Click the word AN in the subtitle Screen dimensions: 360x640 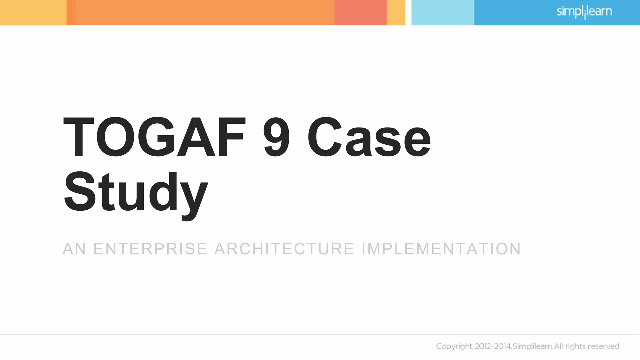[x=74, y=249]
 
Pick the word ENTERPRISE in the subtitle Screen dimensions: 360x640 [x=150, y=249]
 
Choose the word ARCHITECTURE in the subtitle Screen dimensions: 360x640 [x=284, y=249]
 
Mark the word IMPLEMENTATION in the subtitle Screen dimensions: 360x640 [x=441, y=249]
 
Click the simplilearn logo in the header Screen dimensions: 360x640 [x=584, y=12]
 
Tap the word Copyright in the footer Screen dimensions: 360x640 [x=454, y=346]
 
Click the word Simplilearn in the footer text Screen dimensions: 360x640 [x=532, y=346]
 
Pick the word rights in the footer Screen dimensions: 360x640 [x=575, y=347]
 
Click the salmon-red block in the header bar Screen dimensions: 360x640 [x=361, y=12]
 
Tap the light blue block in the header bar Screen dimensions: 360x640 [x=442, y=12]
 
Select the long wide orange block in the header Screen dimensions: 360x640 [x=205, y=12]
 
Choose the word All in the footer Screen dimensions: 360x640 [x=558, y=346]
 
